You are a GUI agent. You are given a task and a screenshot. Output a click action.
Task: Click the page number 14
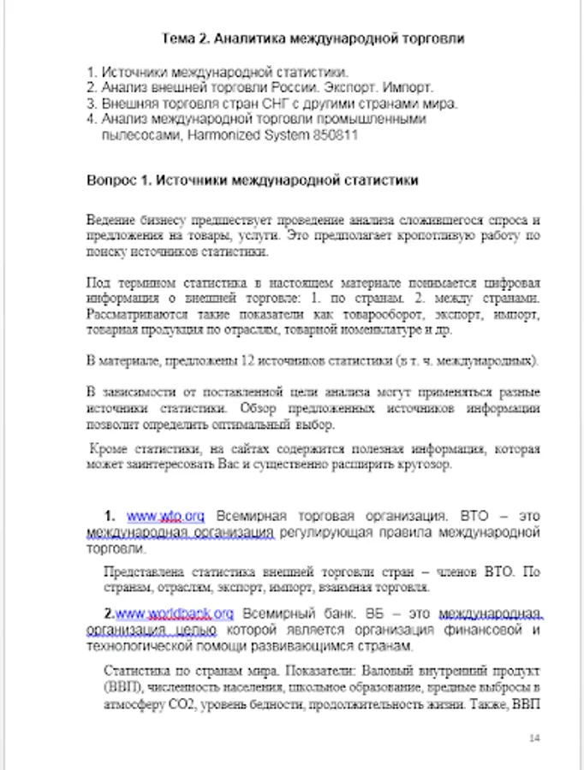536,737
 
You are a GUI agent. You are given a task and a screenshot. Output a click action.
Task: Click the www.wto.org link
165,516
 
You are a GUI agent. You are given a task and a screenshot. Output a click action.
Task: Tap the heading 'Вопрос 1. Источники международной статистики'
253,181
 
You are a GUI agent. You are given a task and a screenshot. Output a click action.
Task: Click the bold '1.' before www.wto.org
110,516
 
